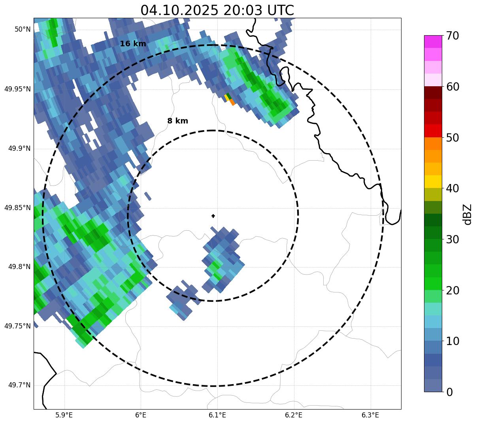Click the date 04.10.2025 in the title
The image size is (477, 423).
pos(179,10)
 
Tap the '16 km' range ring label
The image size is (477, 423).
pos(133,44)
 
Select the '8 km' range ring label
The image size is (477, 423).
pos(177,121)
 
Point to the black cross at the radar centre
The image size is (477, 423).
pos(213,216)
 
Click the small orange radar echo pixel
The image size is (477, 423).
pos(232,102)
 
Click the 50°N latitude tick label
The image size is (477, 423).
pos(23,29)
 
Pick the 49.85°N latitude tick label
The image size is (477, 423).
pos(17,208)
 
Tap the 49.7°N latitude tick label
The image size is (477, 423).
pos(19,385)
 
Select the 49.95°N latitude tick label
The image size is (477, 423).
pos(17,89)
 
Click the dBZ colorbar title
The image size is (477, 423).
pos(468,214)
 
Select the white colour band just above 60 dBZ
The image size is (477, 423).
pos(433,80)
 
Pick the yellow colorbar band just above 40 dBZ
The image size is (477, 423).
pos(433,182)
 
